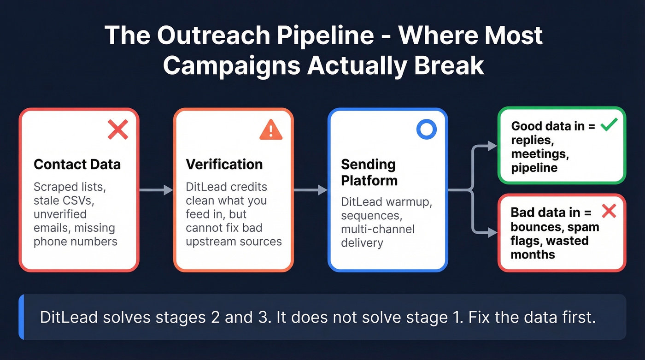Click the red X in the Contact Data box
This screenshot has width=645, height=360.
pyautogui.click(x=118, y=130)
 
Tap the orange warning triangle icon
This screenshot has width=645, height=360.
pyautogui.click(x=271, y=130)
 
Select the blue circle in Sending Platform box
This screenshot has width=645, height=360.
pyautogui.click(x=426, y=130)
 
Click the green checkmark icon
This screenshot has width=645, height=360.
pyautogui.click(x=609, y=125)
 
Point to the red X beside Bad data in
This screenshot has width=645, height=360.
pyautogui.click(x=609, y=212)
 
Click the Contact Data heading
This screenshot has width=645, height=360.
pyautogui.click(x=77, y=165)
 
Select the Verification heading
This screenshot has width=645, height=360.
pyautogui.click(x=224, y=165)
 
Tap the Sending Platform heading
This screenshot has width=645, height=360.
pyautogui.click(x=369, y=172)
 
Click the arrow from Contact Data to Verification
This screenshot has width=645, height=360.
pyautogui.click(x=156, y=189)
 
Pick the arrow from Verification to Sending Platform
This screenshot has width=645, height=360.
pyautogui.click(x=311, y=189)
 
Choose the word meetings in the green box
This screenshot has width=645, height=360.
pyautogui.click(x=539, y=154)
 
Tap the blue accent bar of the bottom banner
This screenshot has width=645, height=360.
pyautogui.click(x=21, y=317)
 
